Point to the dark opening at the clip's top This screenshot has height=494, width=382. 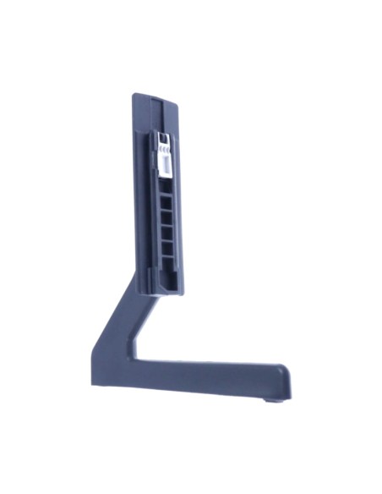click(x=164, y=138)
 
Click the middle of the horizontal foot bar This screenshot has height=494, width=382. click(x=194, y=376)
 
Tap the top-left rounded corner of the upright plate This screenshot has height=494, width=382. click(x=134, y=98)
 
